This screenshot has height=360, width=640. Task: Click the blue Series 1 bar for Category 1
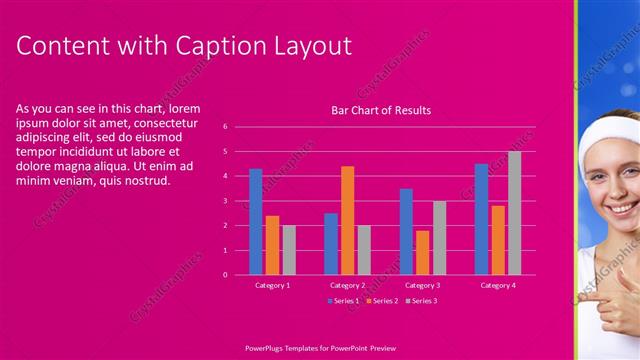click(256, 221)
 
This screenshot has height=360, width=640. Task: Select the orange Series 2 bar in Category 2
click(347, 220)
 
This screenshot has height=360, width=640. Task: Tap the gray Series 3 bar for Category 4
click(514, 213)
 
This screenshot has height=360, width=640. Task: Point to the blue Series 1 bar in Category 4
click(481, 219)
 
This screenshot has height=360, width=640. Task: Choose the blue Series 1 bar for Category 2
click(331, 243)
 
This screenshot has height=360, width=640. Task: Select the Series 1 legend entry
click(345, 300)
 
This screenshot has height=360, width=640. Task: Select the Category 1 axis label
click(272, 286)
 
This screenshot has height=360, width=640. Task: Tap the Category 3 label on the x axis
click(422, 286)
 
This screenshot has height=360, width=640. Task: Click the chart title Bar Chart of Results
click(381, 110)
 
